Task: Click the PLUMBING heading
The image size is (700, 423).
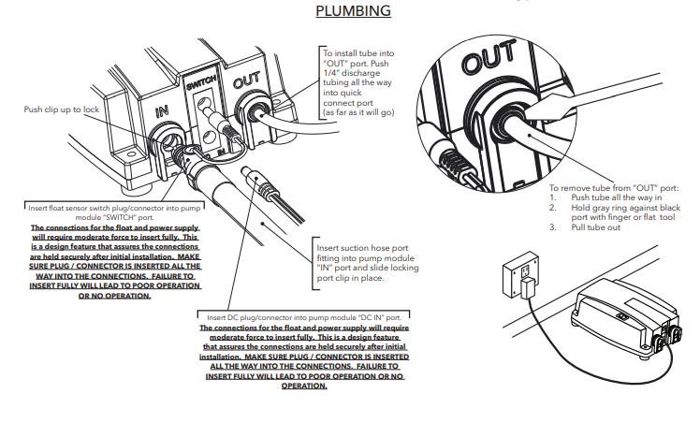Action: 353,11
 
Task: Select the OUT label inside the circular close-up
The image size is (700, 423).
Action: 489,64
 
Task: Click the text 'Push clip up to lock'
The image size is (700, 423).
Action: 64,109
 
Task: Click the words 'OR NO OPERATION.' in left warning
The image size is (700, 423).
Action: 114,296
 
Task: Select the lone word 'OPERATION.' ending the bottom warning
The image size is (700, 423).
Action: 303,386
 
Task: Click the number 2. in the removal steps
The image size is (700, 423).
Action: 553,207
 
